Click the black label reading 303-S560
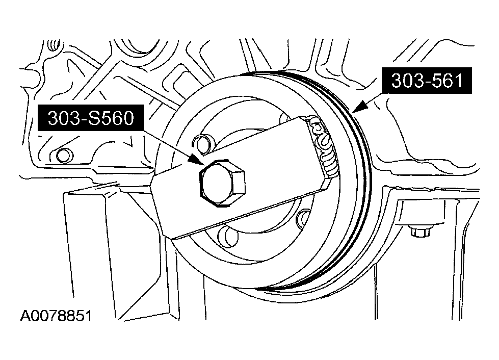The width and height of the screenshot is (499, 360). (90, 118)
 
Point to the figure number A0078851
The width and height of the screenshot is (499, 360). (56, 317)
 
